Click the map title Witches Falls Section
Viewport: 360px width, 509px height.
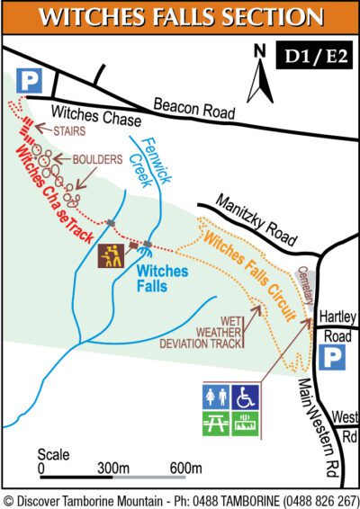180,18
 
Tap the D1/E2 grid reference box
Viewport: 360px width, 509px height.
314,57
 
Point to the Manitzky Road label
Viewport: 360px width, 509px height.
255,223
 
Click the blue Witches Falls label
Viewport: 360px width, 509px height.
162,276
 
